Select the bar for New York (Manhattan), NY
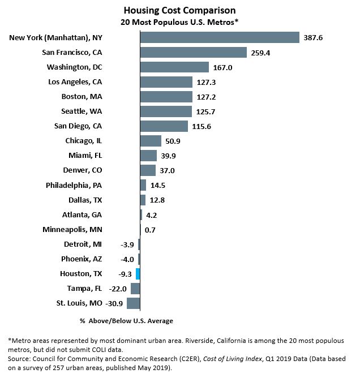point(219,37)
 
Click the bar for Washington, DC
point(174,67)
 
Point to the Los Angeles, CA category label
point(75,82)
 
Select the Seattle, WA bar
point(166,111)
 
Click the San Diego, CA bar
point(164,126)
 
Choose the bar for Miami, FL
point(148,156)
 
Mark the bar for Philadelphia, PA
point(143,185)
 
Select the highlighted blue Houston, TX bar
point(138,274)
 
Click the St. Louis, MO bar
point(133,303)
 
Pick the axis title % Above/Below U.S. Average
point(126,321)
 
